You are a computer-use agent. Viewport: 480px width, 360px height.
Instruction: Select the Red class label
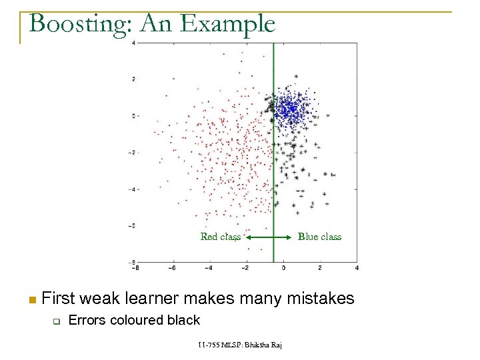[x=221, y=237]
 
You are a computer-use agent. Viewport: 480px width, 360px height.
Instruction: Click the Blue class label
[x=319, y=237]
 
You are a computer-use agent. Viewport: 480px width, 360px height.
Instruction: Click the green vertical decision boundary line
[x=273, y=167]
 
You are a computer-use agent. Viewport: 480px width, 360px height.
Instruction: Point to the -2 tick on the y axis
[x=132, y=152]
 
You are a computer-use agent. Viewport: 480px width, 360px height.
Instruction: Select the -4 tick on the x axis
[x=208, y=268]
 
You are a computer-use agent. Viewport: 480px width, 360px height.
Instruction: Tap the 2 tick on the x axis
[x=320, y=268]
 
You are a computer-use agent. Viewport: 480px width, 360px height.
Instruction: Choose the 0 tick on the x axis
[x=283, y=268]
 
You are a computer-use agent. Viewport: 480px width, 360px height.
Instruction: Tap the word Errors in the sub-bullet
[x=87, y=320]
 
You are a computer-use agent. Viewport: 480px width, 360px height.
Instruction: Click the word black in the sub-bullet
[x=184, y=320]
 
